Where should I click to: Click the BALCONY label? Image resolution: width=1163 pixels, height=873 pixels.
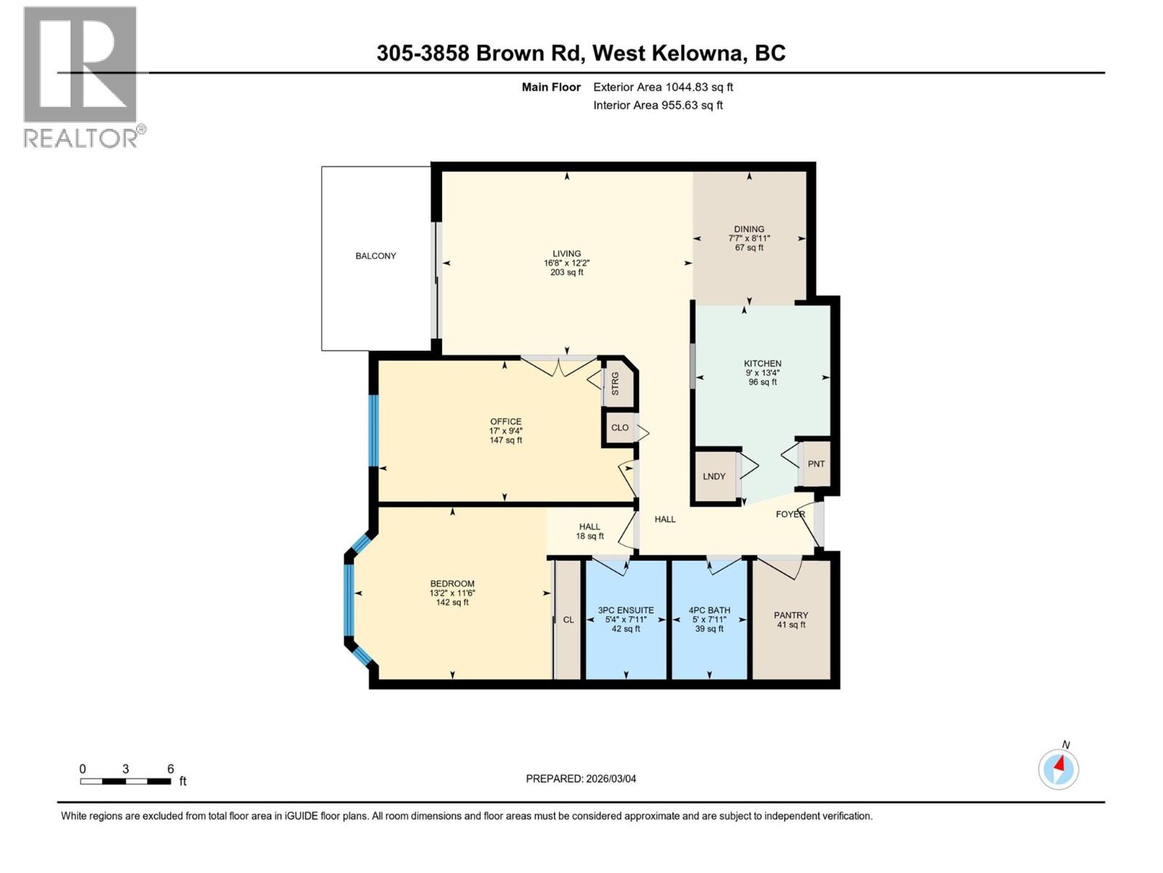[x=376, y=256]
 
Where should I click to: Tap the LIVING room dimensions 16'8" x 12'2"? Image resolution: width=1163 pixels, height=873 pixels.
[x=567, y=263]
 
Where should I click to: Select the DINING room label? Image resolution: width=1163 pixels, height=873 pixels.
[x=749, y=228]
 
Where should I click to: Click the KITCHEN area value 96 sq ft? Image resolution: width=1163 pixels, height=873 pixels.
[x=762, y=382]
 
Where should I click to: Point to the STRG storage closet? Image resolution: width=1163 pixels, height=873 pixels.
[x=616, y=383]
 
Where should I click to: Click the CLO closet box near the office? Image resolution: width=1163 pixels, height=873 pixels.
[x=619, y=428]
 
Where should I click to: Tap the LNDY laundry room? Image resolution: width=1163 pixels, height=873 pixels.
[x=714, y=477]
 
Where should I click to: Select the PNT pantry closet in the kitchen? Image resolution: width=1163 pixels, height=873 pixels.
[x=816, y=463]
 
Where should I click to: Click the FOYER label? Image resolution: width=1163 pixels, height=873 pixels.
[x=790, y=514]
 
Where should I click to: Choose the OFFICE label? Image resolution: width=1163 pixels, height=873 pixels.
[x=505, y=421]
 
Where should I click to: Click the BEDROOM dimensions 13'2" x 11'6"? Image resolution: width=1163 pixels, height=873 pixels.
[x=452, y=593]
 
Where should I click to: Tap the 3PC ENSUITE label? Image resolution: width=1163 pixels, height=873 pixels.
[x=626, y=610]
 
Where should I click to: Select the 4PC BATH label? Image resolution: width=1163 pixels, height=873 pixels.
[x=709, y=610]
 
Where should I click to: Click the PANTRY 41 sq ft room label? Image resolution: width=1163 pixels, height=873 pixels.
[x=791, y=619]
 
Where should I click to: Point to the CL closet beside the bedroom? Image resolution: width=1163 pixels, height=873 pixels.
[x=568, y=620]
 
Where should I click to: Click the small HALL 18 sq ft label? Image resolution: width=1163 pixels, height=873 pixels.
[x=589, y=531]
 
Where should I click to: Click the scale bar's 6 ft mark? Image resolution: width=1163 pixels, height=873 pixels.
[x=170, y=769]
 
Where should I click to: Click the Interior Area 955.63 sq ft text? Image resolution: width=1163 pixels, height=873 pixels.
[x=658, y=105]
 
